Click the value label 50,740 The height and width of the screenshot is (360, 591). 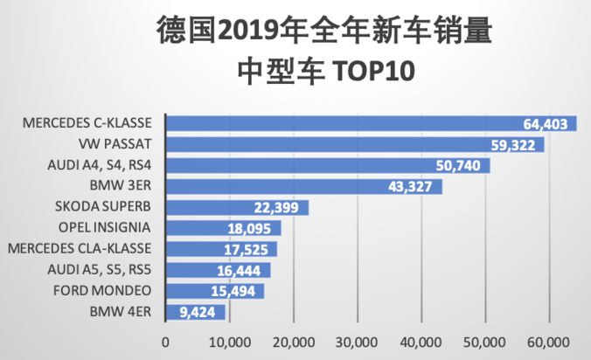459,165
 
